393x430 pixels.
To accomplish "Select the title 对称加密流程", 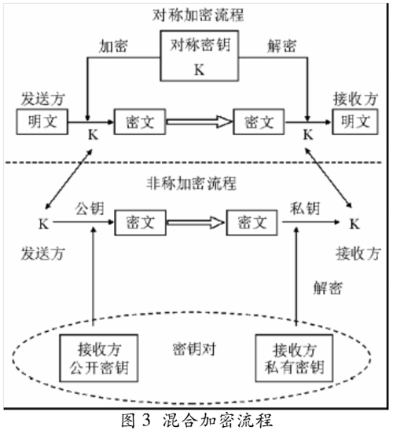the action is (198, 15).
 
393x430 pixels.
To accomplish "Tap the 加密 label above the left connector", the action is (113, 46).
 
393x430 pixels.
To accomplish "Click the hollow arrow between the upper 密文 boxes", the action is (199, 122).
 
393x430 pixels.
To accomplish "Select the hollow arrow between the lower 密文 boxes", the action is (196, 222).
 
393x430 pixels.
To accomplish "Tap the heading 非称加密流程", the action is (191, 183).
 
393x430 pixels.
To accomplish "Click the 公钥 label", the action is (90, 209).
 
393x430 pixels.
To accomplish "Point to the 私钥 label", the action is (305, 209).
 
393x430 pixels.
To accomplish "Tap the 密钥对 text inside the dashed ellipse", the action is (194, 349).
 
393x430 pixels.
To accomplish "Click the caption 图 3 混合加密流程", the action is (197, 420).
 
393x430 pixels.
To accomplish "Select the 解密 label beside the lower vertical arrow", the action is (328, 288).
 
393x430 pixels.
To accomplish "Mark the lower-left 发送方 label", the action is (43, 253).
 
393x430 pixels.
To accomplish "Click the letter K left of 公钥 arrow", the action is (43, 224).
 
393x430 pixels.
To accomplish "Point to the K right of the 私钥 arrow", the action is (354, 224).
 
